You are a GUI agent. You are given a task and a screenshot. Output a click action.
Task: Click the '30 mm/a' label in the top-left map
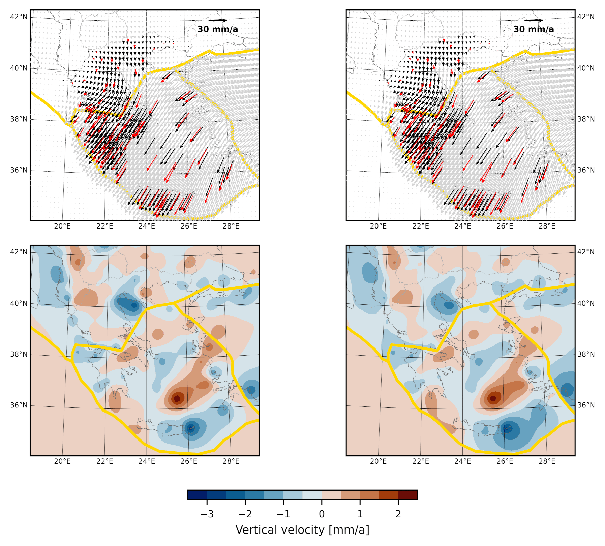(217, 29)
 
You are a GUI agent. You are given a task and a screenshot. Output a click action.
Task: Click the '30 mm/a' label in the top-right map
(534, 29)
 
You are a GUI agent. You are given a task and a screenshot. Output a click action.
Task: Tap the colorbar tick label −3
(207, 514)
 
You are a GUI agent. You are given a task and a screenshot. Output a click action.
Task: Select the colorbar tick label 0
(322, 514)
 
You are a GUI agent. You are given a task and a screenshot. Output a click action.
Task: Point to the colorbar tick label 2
(398, 514)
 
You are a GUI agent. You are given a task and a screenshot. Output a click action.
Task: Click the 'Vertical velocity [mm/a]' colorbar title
(302, 530)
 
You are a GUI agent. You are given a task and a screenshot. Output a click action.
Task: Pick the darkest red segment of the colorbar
(408, 495)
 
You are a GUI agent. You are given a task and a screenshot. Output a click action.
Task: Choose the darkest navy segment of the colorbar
(197, 495)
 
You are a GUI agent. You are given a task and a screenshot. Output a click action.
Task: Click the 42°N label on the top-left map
(19, 17)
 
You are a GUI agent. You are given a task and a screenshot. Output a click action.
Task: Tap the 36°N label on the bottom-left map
(19, 405)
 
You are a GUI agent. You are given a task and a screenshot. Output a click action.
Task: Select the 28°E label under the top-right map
(547, 226)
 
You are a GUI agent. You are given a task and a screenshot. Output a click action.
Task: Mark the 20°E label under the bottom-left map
(62, 461)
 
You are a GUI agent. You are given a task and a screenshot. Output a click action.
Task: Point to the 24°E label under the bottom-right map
(462, 461)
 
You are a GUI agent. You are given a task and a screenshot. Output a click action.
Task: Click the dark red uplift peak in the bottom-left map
(177, 399)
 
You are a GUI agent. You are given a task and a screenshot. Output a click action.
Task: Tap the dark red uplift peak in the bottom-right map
(493, 398)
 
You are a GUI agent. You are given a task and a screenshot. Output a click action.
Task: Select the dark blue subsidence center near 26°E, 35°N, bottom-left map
(191, 428)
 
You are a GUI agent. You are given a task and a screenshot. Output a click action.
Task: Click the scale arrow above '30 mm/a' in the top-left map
(217, 21)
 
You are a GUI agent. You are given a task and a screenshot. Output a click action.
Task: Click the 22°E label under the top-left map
(104, 226)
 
